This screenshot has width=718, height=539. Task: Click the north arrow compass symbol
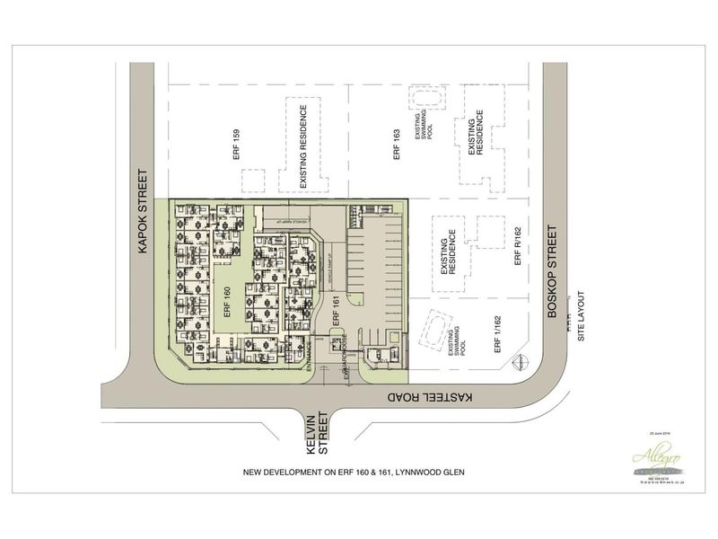pyautogui.click(x=518, y=362)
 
